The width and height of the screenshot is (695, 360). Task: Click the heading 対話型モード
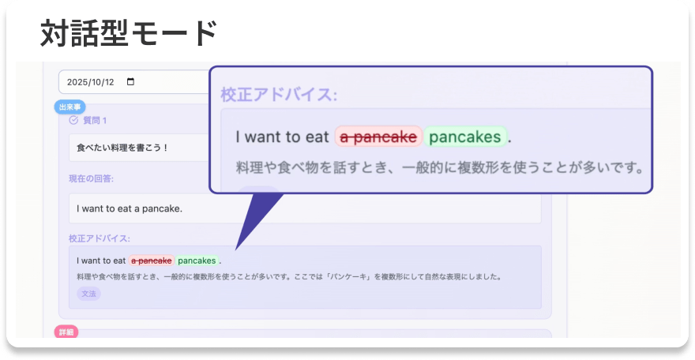[129, 33]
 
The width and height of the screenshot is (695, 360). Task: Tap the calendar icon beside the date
[131, 82]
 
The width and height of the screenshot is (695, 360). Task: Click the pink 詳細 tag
[66, 332]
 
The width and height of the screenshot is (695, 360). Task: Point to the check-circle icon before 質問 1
[74, 121]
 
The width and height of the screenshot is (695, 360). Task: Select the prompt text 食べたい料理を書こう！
[122, 148]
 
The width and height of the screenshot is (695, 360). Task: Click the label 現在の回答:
[91, 178]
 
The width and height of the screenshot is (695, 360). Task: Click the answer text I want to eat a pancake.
[130, 208]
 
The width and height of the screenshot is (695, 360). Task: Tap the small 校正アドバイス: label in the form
[100, 238]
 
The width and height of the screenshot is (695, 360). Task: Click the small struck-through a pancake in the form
[152, 261]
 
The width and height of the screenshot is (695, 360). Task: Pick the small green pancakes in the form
[197, 261]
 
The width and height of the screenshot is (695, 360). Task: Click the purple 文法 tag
[88, 294]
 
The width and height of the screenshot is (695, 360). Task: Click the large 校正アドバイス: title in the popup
[279, 96]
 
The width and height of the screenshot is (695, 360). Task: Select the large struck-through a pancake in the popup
[378, 137]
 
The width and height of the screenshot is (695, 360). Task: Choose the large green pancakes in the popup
[465, 137]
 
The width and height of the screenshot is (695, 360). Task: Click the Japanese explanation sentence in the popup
[440, 168]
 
